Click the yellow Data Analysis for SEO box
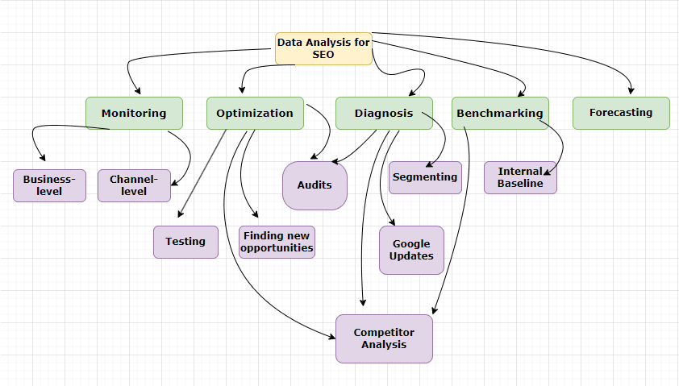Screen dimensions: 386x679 point(323,48)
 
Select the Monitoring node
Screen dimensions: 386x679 point(134,113)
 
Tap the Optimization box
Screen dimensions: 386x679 point(255,113)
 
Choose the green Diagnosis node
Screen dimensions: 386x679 point(384,113)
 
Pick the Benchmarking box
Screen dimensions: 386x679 point(500,113)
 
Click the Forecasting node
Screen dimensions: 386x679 point(621,113)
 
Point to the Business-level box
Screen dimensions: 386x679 point(49,185)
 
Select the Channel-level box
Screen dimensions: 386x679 point(134,185)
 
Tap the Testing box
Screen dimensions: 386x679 point(185,242)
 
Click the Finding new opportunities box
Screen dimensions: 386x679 point(277,242)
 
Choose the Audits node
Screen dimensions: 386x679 point(315,185)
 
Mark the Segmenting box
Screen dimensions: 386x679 point(425,177)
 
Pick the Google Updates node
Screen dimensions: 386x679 point(411,250)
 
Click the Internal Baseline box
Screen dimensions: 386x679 point(520,177)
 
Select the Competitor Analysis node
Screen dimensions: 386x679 point(384,338)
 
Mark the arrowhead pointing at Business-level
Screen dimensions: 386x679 point(42,158)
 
